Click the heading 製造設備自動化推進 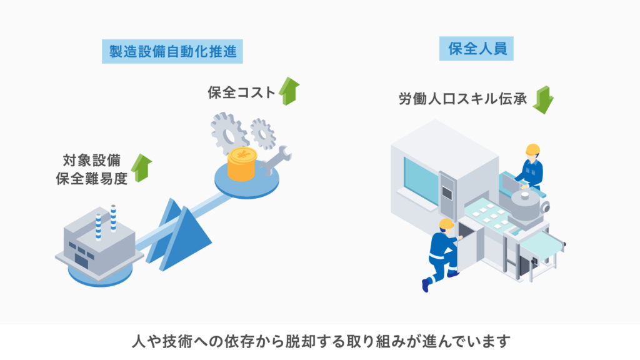[172, 52]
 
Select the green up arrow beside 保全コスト [289, 91]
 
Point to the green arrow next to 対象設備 [142, 167]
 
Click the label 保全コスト [241, 92]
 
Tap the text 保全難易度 [91, 177]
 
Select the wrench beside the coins [273, 161]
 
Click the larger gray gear [226, 131]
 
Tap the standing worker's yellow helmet [532, 149]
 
